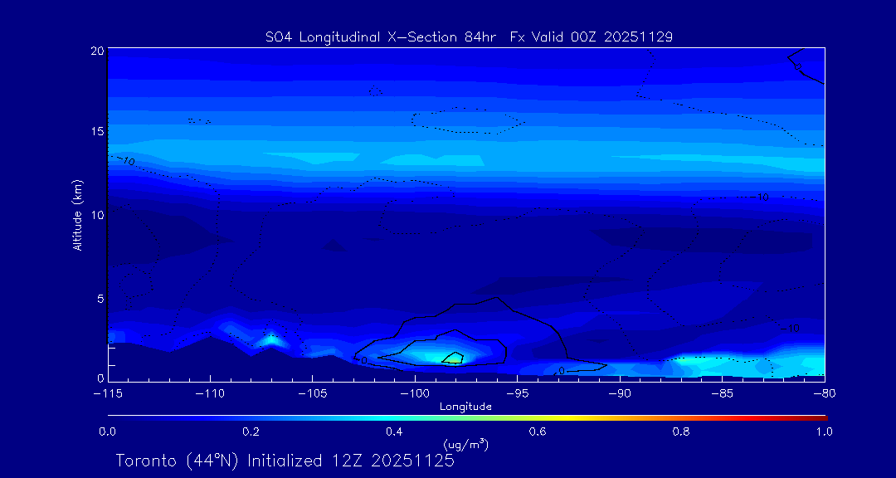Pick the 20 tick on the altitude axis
click(97, 51)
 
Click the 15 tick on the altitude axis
click(97, 132)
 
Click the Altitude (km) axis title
click(78, 214)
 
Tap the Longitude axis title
click(465, 406)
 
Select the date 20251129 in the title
click(640, 37)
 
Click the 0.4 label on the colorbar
click(394, 432)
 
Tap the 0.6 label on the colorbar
click(538, 432)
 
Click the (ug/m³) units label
click(465, 446)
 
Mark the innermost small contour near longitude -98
click(453, 358)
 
